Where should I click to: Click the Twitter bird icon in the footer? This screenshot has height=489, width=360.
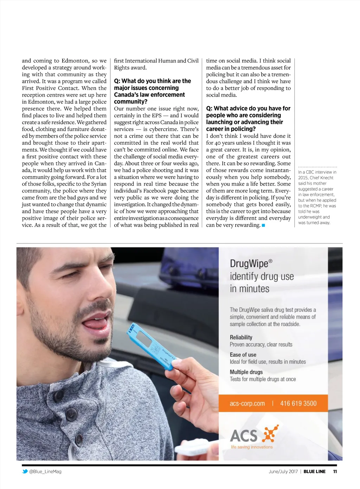point(25,471)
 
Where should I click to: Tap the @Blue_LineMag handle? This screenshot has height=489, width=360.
point(45,471)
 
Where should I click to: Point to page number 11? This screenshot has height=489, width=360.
point(335,471)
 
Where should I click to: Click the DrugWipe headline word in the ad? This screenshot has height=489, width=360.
point(249,263)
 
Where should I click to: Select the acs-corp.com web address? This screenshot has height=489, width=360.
point(247,404)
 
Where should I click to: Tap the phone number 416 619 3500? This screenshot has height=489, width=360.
point(298,404)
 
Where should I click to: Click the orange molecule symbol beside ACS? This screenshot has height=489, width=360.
point(270,433)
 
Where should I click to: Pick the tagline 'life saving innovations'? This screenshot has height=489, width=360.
point(252,447)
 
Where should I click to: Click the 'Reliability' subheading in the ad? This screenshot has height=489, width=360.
point(241,337)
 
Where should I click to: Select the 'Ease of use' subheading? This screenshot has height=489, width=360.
point(243,355)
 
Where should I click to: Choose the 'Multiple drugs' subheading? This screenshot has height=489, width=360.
point(246,372)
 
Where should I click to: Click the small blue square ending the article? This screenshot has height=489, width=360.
point(263,225)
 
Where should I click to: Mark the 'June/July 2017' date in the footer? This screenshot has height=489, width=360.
point(283,471)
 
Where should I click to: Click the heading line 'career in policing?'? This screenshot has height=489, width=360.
point(231,129)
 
